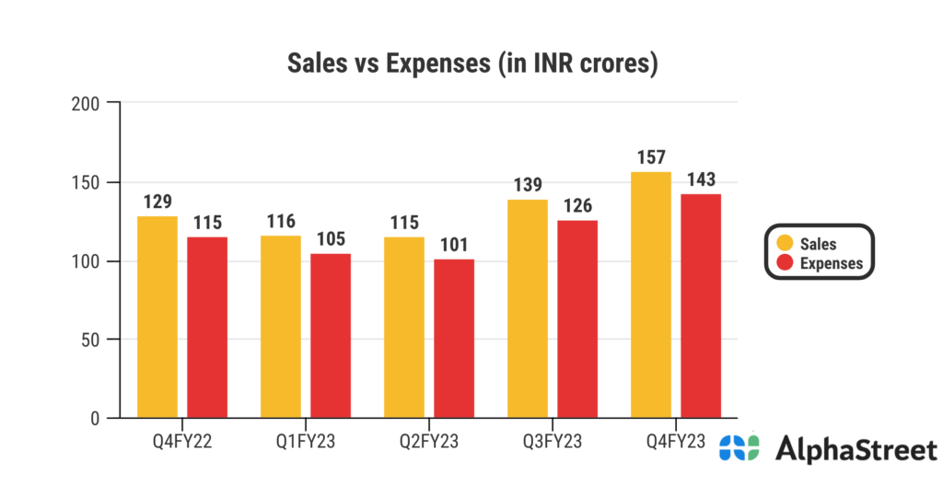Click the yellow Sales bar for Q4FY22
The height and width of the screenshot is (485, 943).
pyautogui.click(x=157, y=317)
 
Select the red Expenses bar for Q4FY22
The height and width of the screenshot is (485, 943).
pyautogui.click(x=207, y=327)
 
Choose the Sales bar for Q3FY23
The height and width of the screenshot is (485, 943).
pyautogui.click(x=528, y=308)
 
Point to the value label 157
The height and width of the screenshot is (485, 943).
pyautogui.click(x=651, y=157)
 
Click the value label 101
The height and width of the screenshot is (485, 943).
pyautogui.click(x=454, y=245)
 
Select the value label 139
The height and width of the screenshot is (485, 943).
pyautogui.click(x=528, y=185)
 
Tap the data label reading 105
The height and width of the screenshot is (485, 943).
pyautogui.click(x=331, y=239)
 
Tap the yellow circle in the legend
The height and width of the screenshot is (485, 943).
pyautogui.click(x=785, y=243)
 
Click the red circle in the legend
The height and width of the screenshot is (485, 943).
pyautogui.click(x=785, y=263)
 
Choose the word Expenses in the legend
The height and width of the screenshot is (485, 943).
pyautogui.click(x=832, y=263)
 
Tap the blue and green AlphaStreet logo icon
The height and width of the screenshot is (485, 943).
pyautogui.click(x=739, y=448)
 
